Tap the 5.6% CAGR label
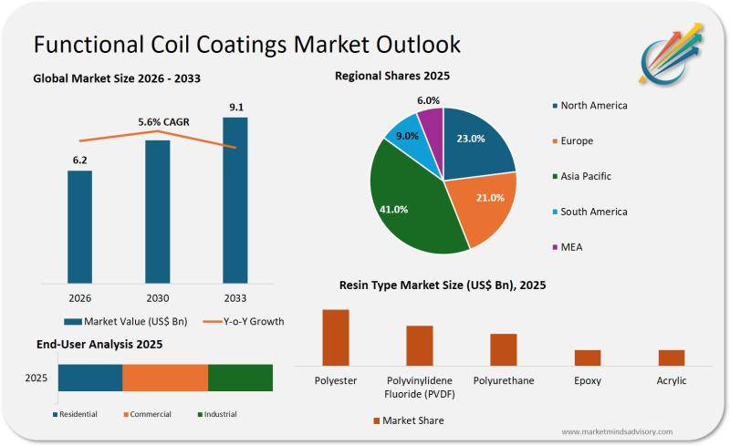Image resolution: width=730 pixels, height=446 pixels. [x=158, y=122]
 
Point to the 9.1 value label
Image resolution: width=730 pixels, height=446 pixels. [x=235, y=108]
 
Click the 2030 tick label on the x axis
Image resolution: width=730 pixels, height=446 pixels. [x=158, y=297]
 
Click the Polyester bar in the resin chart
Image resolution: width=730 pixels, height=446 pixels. [x=336, y=337]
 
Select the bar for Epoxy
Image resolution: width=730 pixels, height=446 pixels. [x=588, y=358]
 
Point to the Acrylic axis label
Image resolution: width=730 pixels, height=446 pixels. [x=672, y=380]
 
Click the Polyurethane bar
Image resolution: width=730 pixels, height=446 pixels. [x=504, y=349]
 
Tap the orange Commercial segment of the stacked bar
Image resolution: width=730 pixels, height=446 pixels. [x=165, y=378]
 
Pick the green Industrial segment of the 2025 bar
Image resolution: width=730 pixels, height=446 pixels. [x=241, y=378]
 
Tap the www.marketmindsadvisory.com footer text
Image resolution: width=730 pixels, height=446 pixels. [x=617, y=431]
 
